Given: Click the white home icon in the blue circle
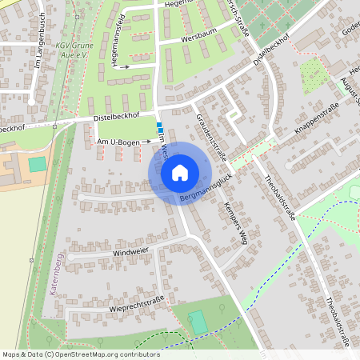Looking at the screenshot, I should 180,172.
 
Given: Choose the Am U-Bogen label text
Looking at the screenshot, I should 118,142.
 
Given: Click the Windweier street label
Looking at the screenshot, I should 130,252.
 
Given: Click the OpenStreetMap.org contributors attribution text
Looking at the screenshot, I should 105,354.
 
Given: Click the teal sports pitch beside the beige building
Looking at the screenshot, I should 38,164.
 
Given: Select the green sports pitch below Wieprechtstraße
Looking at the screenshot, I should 198,322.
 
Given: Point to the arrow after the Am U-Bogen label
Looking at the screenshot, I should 146,142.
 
